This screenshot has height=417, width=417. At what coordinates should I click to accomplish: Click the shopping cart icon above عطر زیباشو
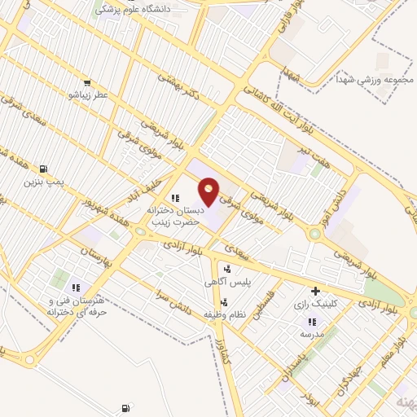87,82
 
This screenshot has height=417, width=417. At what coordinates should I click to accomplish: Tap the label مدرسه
311,333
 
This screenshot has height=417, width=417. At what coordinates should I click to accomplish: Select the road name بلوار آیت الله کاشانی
261,106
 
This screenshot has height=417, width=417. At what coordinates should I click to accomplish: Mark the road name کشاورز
226,349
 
